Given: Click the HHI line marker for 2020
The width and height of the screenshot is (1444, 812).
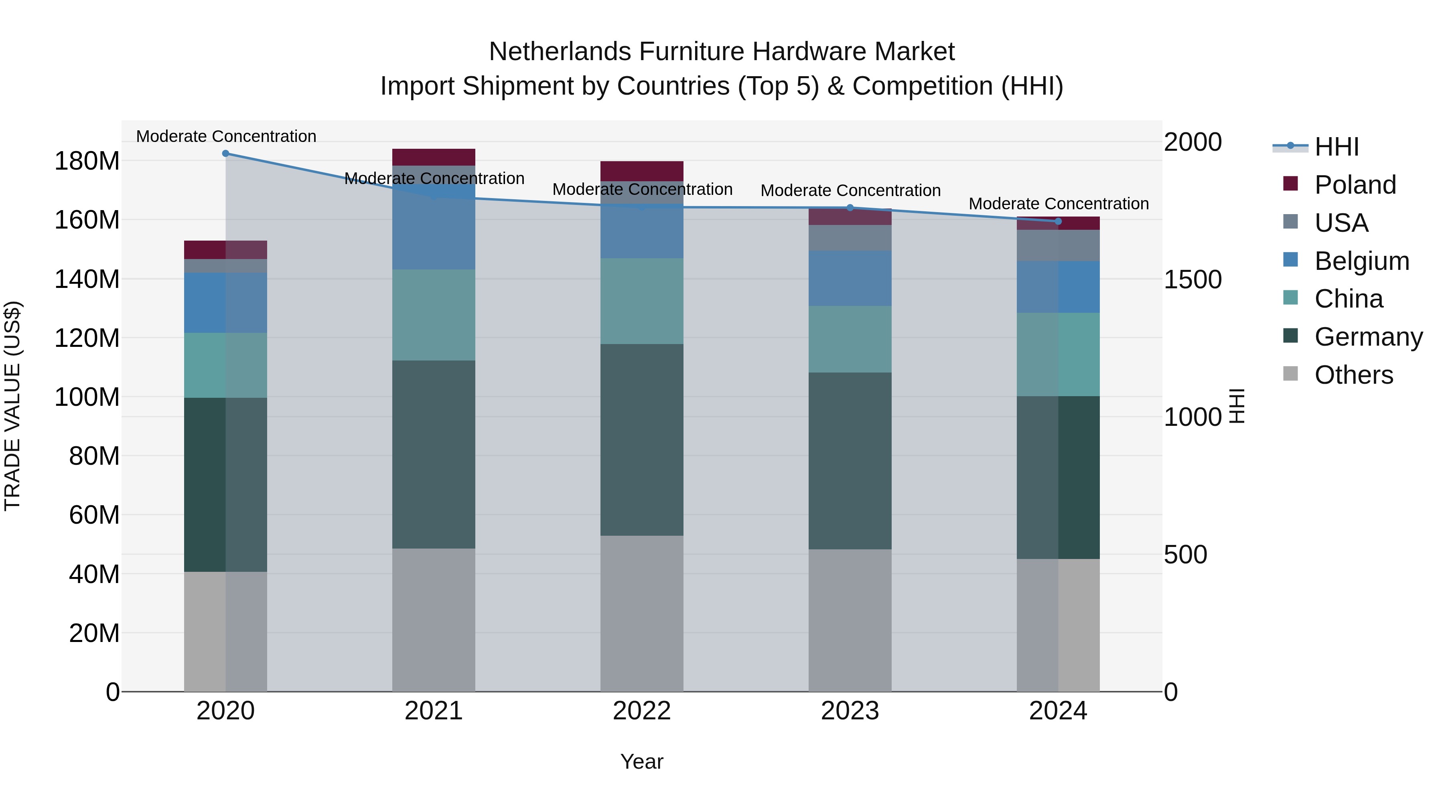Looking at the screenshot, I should [225, 154].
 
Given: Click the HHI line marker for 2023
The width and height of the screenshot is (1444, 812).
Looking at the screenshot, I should [850, 208].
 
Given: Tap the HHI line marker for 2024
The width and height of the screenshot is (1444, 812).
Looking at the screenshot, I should [1058, 221].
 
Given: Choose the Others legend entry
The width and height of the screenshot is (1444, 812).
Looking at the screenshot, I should [1353, 375].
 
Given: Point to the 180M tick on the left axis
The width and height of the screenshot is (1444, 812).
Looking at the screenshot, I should [87, 161].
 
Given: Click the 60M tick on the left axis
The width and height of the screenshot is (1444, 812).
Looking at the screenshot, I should [93, 515].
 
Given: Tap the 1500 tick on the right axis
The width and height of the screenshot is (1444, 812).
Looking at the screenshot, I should [1193, 279].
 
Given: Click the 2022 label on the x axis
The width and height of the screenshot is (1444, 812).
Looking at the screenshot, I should [641, 711].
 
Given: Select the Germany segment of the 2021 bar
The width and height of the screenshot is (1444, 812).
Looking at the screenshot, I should [433, 454].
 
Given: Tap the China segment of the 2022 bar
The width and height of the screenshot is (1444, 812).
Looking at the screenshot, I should [641, 301].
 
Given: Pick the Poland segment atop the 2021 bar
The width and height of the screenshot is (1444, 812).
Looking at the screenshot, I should [433, 157].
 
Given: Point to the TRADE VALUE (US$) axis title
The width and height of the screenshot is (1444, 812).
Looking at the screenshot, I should [12, 406].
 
